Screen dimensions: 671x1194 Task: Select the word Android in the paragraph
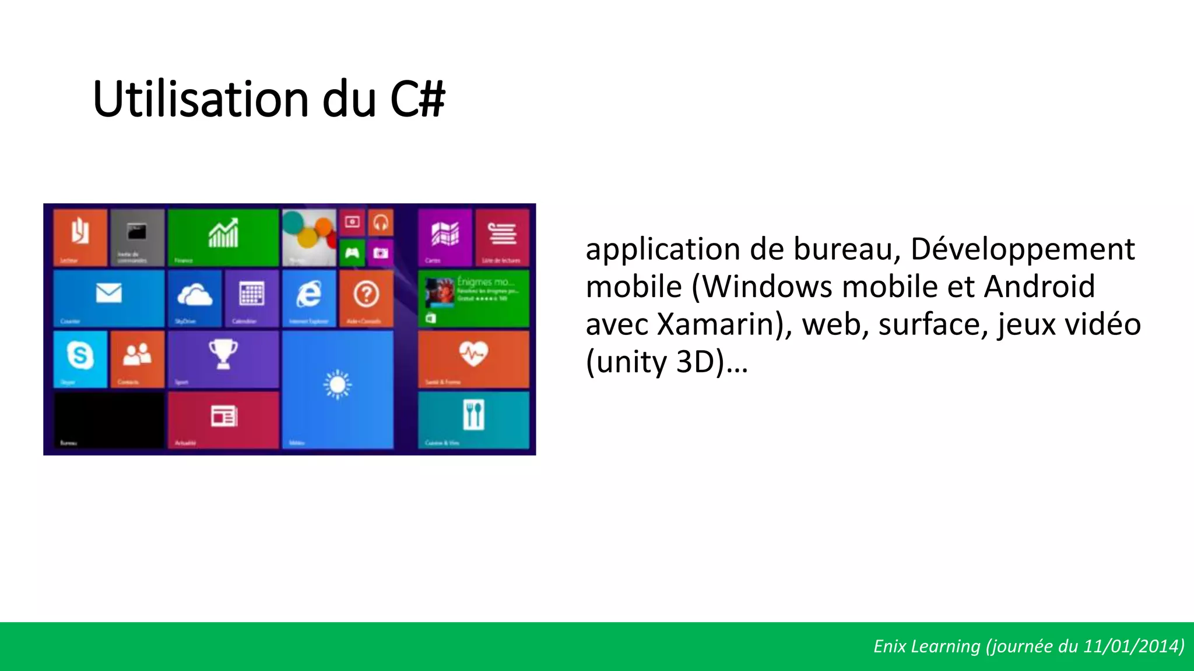click(x=1040, y=287)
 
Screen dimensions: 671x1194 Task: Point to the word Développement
click(x=1022, y=249)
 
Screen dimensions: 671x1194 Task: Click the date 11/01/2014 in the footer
click(x=1132, y=647)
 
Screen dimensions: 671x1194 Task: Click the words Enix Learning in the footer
click(x=926, y=647)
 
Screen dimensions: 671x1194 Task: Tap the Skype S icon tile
click(x=80, y=355)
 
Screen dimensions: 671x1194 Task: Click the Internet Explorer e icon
click(x=309, y=294)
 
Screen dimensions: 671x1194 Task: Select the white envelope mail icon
click(x=109, y=293)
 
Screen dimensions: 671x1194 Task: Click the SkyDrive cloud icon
click(x=195, y=295)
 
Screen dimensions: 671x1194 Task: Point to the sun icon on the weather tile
click(x=338, y=385)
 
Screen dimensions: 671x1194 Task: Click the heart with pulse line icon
click(x=473, y=353)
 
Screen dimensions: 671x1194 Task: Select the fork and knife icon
click(x=473, y=414)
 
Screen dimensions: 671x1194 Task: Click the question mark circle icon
click(x=366, y=294)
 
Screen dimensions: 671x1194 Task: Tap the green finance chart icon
click(x=223, y=234)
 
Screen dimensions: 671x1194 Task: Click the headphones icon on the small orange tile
click(x=381, y=223)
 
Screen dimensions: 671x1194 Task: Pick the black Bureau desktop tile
click(x=109, y=419)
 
